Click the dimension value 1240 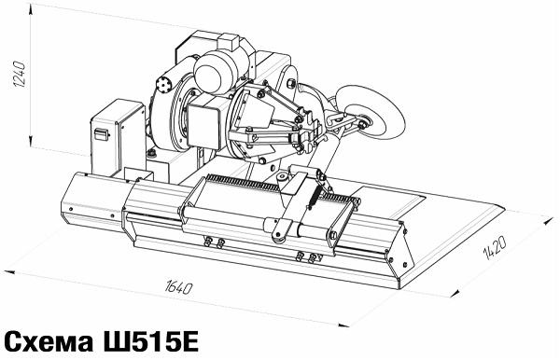pyautogui.click(x=20, y=75)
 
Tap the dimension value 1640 pyautogui.click(x=179, y=287)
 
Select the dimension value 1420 pyautogui.click(x=495, y=247)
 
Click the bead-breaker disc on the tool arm pyautogui.click(x=371, y=110)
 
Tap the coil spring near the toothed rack pyautogui.click(x=315, y=198)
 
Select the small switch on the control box pyautogui.click(x=101, y=134)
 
